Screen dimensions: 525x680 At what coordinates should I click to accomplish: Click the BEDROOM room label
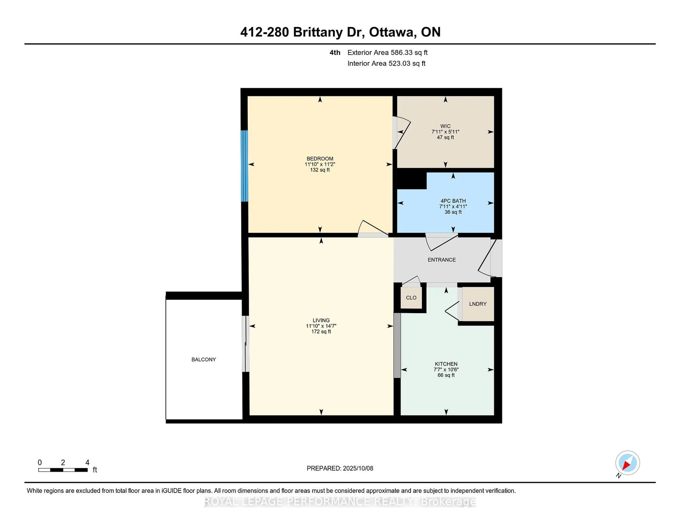pos(320,159)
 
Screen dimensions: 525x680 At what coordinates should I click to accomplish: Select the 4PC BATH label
pos(453,201)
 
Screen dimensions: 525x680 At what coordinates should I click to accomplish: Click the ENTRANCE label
pos(441,260)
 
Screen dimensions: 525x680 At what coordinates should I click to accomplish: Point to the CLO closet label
pos(411,298)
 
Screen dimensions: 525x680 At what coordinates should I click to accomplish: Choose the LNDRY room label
pos(478,304)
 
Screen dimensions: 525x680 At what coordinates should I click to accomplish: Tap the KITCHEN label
pos(446,364)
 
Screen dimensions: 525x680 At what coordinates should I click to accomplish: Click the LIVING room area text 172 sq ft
pos(321,331)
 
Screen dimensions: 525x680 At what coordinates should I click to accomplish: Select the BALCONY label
pos(204,360)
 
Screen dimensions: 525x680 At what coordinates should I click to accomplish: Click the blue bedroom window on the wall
pos(244,166)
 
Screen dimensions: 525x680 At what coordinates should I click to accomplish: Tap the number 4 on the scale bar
pos(87,463)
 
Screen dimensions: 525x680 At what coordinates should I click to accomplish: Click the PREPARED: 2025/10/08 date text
pos(340,468)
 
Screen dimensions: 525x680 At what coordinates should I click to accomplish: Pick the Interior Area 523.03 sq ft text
pos(386,64)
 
